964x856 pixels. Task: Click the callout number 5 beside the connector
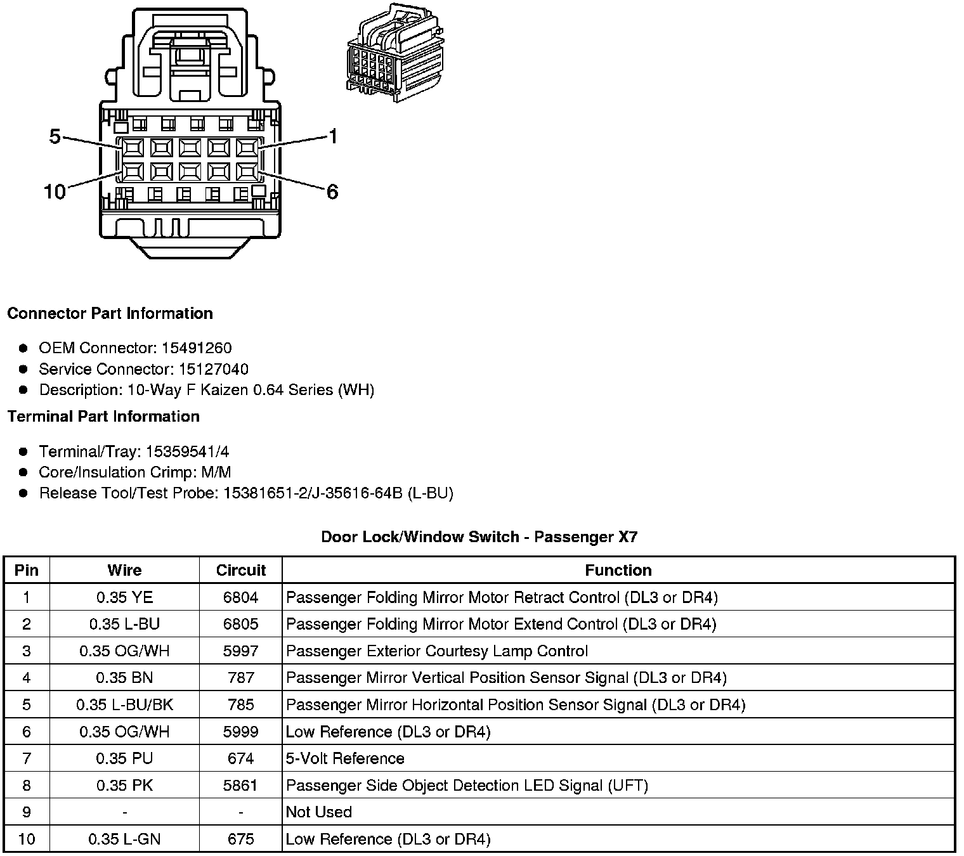[55, 136]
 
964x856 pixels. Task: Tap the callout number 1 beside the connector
[334, 136]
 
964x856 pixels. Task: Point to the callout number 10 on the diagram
[55, 191]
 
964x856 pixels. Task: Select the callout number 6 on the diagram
[332, 191]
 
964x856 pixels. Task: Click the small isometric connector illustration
[394, 53]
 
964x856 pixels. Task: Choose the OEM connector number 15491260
[197, 348]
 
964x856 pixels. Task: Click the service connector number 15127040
[213, 369]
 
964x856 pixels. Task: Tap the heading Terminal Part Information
[103, 417]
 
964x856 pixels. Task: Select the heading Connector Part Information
[110, 313]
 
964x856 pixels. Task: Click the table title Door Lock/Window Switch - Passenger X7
[479, 537]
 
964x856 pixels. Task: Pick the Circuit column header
[240, 570]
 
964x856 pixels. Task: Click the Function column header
[618, 570]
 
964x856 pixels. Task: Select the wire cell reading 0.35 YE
[124, 597]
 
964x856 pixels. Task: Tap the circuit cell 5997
[240, 651]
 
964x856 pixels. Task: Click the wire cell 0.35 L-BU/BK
[124, 704]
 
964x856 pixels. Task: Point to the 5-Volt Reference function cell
[345, 758]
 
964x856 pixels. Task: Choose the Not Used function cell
[318, 812]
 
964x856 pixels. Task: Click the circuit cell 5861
[240, 786]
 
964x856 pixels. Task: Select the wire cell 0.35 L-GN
[124, 840]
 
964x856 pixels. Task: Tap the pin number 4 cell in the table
[26, 678]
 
